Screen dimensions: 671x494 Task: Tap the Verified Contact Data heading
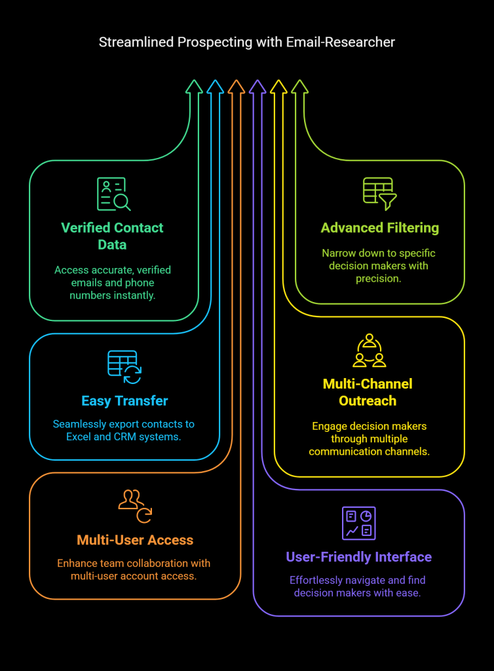tap(112, 236)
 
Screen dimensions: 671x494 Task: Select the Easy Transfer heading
tap(124, 401)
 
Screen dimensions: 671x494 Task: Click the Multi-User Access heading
tap(135, 540)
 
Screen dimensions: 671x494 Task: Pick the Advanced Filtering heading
tap(379, 228)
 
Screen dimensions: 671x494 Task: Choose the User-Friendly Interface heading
tap(358, 557)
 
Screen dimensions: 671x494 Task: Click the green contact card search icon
tap(113, 195)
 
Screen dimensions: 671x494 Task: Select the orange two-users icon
tap(134, 505)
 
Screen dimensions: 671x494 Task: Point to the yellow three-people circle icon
tap(369, 351)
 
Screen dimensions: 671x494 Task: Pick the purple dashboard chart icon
tap(359, 523)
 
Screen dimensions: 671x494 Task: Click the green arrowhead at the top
tap(194, 86)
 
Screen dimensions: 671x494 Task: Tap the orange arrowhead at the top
tap(237, 86)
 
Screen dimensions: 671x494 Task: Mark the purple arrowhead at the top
tap(257, 86)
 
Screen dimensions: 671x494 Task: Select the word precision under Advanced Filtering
tap(378, 278)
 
